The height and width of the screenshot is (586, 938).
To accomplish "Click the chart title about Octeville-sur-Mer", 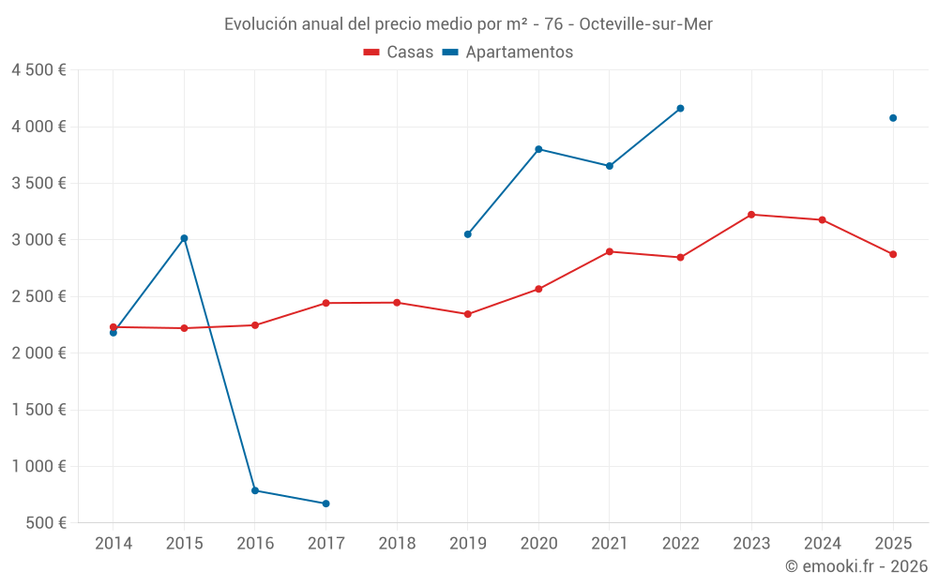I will pos(468,24).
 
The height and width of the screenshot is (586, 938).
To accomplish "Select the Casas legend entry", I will pos(399,53).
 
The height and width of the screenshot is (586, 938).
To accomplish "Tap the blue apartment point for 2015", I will pos(184,238).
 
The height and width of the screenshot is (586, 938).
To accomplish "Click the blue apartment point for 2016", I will pos(255,490).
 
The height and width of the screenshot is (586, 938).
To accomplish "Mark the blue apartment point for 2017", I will pos(325,503).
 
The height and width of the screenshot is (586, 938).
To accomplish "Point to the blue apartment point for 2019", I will pos(468,234).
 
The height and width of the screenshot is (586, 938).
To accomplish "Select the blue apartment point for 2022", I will pos(680,109).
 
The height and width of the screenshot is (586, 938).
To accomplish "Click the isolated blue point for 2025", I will pos(893,118).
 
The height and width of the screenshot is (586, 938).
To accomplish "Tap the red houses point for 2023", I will pos(751,215).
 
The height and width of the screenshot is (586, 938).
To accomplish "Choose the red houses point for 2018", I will pos(397,303).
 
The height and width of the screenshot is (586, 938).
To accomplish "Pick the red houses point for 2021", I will pos(610,251).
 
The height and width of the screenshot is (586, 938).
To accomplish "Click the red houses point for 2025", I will pos(893,254).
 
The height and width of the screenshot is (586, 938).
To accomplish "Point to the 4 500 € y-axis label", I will pos(38,70).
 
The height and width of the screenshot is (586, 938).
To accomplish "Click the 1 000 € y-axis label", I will pos(38,466).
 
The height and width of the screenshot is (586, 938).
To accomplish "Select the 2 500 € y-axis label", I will pos(38,296).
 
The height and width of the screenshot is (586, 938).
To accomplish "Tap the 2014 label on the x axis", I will pos(113,543).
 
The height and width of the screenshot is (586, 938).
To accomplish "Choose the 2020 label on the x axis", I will pos(538,543).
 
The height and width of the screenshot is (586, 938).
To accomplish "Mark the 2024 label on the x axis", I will pos(822,543).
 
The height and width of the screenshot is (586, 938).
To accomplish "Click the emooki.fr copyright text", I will pos(855,566).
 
